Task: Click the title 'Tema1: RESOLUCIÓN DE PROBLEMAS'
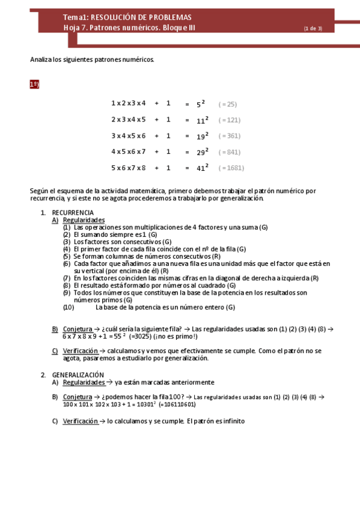coord(127,17)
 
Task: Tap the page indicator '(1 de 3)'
coord(313,28)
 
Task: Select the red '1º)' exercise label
coord(34,84)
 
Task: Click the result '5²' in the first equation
coord(201,103)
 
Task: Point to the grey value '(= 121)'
coord(229,120)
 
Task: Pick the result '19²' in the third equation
coord(202,136)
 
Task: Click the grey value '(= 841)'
coord(229,152)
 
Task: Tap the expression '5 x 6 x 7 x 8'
coord(128,168)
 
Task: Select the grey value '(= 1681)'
coord(231,168)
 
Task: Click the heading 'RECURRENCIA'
coord(73,212)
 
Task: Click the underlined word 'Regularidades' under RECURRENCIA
coord(84,220)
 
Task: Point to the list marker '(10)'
coord(69,307)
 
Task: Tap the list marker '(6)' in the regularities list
coord(67,263)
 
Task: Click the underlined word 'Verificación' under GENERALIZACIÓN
coord(80,421)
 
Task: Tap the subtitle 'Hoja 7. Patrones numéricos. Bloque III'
coord(129,28)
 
